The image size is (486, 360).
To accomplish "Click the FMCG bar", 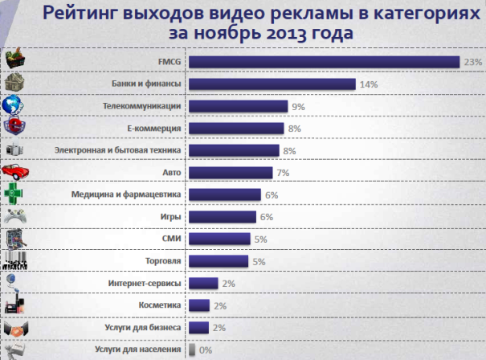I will point(324,62).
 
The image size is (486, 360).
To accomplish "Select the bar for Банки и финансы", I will point(272,84).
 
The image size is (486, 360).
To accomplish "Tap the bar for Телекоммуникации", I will point(239,106).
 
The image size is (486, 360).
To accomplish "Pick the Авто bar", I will point(231,173).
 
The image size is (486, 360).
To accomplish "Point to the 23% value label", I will point(472,62).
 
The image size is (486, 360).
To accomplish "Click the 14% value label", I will point(368,84).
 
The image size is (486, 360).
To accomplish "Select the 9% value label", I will point(298,106).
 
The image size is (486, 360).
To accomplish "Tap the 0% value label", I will point(206,350).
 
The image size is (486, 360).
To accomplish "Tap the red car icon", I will point(15,172).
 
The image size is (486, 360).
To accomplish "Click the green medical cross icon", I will point(15,194).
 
